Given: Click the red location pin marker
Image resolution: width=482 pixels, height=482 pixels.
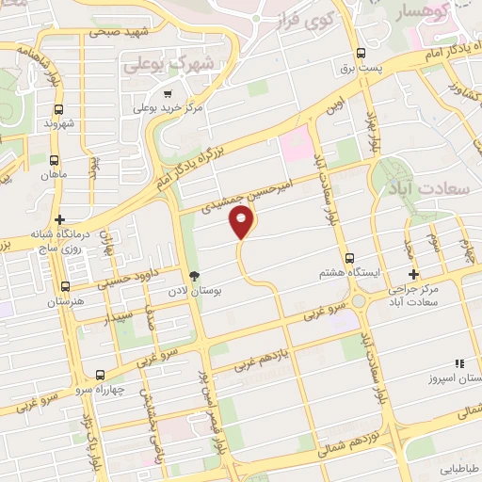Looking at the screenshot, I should pyautogui.click(x=242, y=222).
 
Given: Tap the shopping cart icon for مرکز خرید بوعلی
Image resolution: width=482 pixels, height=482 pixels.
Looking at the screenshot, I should pyautogui.click(x=168, y=93).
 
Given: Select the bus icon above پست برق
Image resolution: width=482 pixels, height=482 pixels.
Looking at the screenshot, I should pyautogui.click(x=361, y=54).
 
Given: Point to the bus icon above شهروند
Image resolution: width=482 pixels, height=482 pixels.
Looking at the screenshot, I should pyautogui.click(x=53, y=107).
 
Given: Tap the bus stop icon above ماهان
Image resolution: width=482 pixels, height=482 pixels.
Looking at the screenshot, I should pyautogui.click(x=54, y=160).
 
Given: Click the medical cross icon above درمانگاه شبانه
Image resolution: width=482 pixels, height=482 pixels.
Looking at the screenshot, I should pyautogui.click(x=61, y=218).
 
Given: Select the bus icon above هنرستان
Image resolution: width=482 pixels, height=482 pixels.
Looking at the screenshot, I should pyautogui.click(x=65, y=285).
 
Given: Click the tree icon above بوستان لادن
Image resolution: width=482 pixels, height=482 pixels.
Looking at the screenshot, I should pyautogui.click(x=194, y=276).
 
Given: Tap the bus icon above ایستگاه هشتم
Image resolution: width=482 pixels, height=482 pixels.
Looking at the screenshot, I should pyautogui.click(x=349, y=258).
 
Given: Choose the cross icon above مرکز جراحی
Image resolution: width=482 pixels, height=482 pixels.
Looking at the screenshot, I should pyautogui.click(x=413, y=274).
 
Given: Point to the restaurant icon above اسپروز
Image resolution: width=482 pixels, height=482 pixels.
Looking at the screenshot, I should pyautogui.click(x=458, y=362).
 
